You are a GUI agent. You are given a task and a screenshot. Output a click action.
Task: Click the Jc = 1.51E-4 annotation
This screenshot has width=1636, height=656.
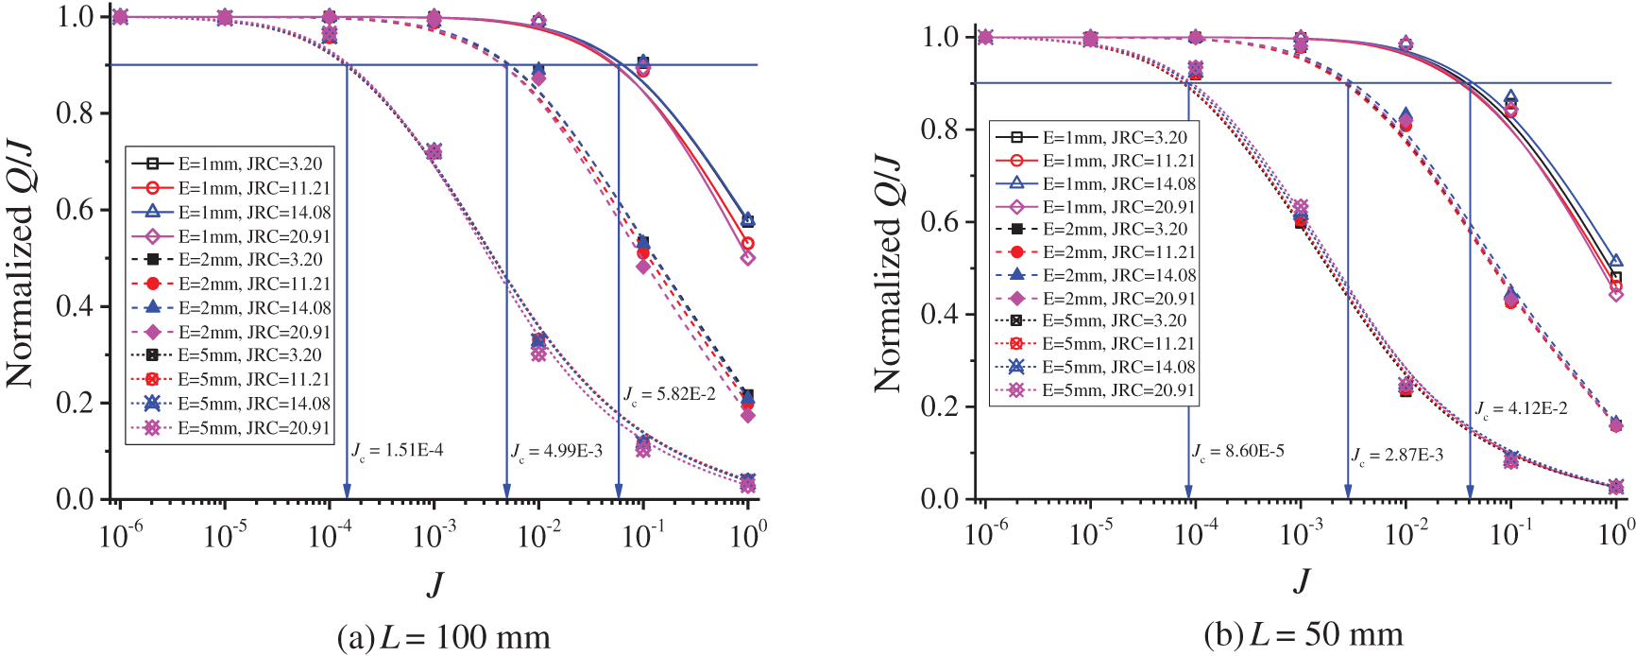(x=398, y=450)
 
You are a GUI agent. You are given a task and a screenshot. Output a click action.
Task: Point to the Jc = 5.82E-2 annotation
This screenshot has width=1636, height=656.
(x=670, y=394)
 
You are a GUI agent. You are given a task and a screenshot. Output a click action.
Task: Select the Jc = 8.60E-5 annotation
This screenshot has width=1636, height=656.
(x=1237, y=452)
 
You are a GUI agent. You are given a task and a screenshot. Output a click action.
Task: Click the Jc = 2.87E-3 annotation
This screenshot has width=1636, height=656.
(x=1397, y=456)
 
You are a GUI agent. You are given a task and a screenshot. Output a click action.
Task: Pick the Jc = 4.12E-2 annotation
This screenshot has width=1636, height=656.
(x=1522, y=409)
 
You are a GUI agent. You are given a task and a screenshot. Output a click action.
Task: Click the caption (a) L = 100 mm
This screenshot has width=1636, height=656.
(x=443, y=637)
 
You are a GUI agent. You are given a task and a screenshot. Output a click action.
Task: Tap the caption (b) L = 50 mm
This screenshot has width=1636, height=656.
(x=1304, y=634)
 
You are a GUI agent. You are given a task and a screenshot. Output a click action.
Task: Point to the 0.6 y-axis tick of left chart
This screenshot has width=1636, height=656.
(x=76, y=209)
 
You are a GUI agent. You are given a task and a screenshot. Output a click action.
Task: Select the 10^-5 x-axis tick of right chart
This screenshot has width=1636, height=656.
(x=1090, y=535)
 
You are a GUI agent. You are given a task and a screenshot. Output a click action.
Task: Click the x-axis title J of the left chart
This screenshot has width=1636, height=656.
(x=435, y=583)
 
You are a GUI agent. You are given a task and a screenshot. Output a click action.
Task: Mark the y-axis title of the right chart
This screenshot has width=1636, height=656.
(x=888, y=274)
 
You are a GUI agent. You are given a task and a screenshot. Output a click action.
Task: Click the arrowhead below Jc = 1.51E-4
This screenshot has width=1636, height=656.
(x=347, y=491)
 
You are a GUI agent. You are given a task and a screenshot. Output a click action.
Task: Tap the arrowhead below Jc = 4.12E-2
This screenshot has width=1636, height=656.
(x=1470, y=491)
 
